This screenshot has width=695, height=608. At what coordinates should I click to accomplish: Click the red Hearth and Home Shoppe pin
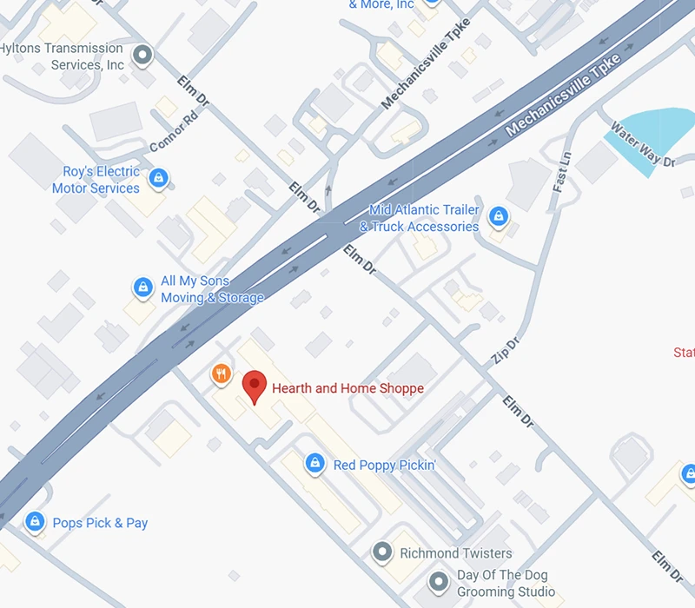click(x=254, y=384)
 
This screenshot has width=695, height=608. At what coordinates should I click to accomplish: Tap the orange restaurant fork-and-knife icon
click(x=222, y=374)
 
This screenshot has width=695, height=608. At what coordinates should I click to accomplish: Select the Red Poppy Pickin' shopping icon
click(x=315, y=465)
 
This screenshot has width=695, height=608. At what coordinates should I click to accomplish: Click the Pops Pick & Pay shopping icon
click(x=35, y=522)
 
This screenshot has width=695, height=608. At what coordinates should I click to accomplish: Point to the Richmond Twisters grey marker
click(x=381, y=552)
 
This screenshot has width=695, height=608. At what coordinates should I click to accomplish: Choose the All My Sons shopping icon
click(x=142, y=287)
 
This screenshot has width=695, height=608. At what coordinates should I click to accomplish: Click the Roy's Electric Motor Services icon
click(x=157, y=179)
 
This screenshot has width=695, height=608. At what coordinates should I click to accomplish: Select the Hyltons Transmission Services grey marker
click(x=143, y=56)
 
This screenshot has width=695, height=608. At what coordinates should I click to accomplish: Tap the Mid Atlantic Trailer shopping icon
click(x=498, y=215)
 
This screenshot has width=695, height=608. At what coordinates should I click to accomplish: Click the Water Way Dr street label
click(x=642, y=144)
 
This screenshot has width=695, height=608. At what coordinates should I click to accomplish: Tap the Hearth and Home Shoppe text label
click(x=347, y=388)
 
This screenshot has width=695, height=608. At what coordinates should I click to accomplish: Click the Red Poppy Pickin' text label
click(x=384, y=466)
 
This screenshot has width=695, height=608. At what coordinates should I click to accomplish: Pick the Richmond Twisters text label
click(x=455, y=553)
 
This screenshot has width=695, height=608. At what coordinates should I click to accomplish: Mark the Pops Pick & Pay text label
click(x=100, y=523)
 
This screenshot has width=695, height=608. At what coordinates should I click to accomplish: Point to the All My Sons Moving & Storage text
click(x=212, y=289)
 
